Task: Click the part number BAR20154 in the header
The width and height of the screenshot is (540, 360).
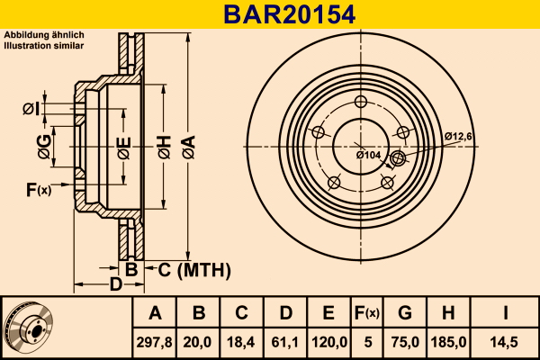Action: click(289, 14)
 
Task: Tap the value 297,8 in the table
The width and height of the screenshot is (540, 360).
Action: click(154, 342)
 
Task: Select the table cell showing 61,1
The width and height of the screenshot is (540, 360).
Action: click(284, 342)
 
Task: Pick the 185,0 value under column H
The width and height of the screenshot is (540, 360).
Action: click(448, 342)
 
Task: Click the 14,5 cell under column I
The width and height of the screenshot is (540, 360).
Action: click(504, 342)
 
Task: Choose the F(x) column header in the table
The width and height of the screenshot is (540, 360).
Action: click(367, 313)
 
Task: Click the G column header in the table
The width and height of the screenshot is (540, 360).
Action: click(405, 313)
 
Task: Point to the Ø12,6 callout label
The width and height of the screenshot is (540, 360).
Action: click(458, 137)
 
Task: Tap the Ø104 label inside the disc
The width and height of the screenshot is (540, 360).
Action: click(368, 155)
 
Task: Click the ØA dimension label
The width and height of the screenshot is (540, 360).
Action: click(189, 147)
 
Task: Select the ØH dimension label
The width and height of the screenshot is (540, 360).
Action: click(165, 147)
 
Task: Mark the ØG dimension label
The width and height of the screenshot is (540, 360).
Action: click(44, 147)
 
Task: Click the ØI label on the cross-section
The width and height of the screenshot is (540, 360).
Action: click(31, 109)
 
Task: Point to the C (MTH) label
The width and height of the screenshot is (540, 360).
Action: click(194, 270)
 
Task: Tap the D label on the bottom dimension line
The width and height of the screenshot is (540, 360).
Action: click(116, 284)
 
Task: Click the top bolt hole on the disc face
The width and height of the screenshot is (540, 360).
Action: click(361, 102)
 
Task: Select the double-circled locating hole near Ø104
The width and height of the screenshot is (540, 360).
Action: click(398, 158)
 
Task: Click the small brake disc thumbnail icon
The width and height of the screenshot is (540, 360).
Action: click(28, 327)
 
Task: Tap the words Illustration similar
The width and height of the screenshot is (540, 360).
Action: click(44, 46)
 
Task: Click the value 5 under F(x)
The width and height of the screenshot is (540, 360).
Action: click(368, 342)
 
